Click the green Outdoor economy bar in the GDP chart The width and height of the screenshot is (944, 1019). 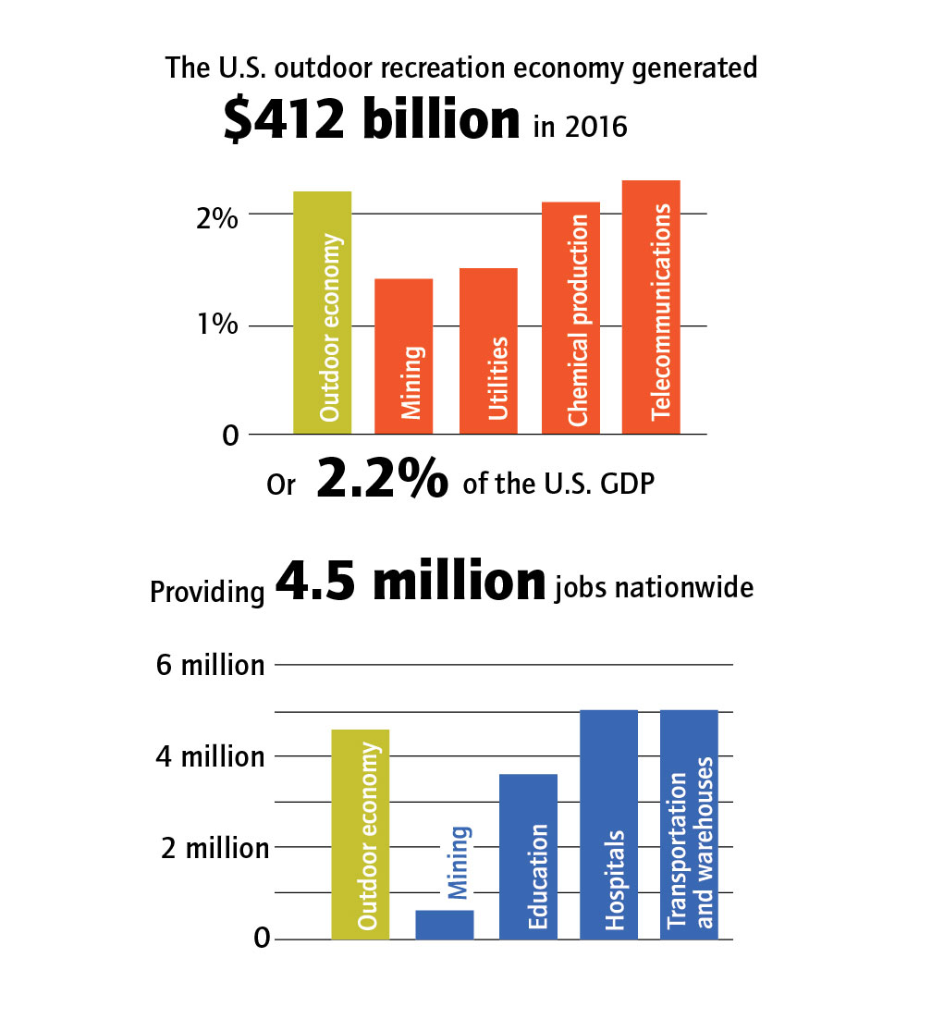point(322,313)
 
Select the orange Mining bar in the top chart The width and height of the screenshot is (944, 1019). point(403,356)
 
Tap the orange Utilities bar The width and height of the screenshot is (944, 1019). point(488,351)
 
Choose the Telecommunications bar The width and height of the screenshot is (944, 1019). point(651,307)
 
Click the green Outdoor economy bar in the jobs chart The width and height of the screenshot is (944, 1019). point(360,834)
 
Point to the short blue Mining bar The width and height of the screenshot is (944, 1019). point(444,925)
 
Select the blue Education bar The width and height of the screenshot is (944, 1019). point(528,856)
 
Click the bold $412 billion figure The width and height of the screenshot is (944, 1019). point(372,122)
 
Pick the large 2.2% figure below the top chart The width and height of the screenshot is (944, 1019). point(384,481)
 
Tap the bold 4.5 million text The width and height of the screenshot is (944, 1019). point(411,582)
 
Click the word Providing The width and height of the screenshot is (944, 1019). point(207,592)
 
